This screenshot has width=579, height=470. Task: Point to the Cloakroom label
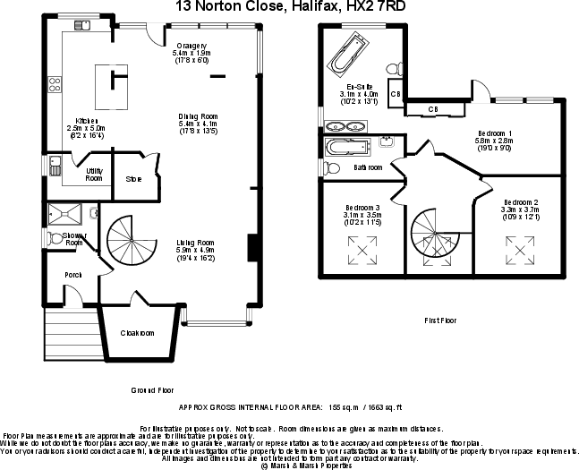coord(137,333)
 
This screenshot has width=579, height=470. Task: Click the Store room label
coord(133,178)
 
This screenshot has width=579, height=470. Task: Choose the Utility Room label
coord(93,174)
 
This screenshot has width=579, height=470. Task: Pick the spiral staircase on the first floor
coord(432,241)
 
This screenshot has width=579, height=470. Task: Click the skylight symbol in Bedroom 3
coord(362,247)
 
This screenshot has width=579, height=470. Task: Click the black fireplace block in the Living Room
coord(252,244)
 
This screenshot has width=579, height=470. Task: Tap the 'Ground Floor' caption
coord(152,390)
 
